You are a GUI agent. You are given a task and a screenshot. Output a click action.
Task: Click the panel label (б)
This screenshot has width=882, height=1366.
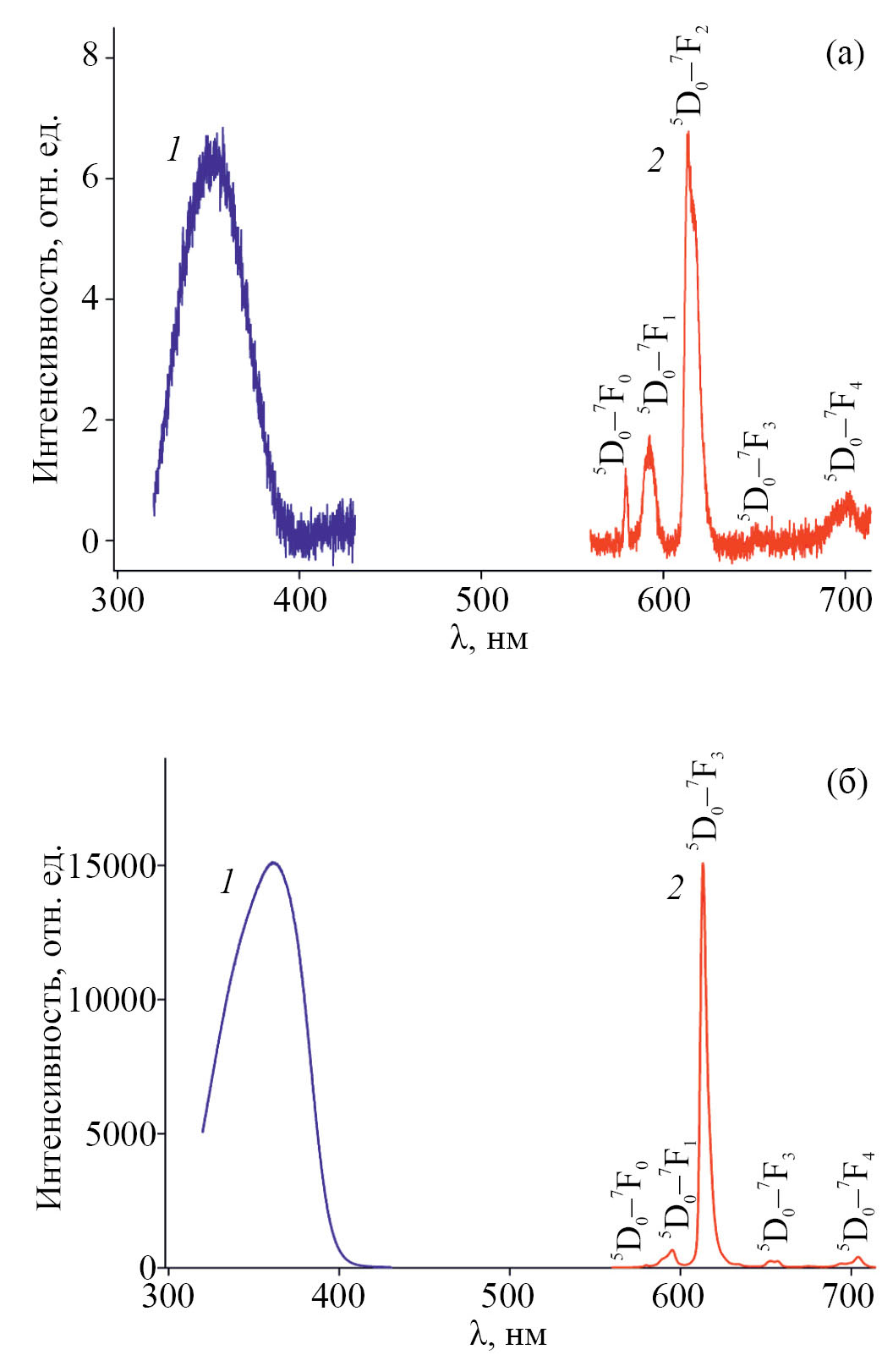(x=846, y=783)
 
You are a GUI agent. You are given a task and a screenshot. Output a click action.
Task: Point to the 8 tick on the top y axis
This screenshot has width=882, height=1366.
(x=90, y=57)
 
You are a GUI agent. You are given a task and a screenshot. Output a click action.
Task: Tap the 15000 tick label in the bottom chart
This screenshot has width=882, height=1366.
(x=112, y=866)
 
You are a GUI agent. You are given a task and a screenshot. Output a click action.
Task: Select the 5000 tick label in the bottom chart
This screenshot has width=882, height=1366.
(x=121, y=1133)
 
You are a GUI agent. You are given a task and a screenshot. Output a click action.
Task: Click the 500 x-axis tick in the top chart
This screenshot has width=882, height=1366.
(x=481, y=601)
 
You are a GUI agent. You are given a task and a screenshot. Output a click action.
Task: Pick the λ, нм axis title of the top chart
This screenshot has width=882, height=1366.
(x=489, y=638)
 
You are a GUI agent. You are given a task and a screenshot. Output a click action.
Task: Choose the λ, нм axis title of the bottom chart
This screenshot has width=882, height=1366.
(x=507, y=1334)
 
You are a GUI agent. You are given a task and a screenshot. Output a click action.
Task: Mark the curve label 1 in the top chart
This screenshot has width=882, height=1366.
(x=173, y=151)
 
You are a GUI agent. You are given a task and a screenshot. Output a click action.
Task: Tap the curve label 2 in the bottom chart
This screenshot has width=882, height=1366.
(x=674, y=889)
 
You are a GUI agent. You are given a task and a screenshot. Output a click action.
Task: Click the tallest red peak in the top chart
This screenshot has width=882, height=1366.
(x=688, y=134)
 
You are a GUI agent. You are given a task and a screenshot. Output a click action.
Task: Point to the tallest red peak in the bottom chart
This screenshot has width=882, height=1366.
(x=703, y=864)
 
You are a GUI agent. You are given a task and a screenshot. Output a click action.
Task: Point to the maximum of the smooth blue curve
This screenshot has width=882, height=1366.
(x=273, y=863)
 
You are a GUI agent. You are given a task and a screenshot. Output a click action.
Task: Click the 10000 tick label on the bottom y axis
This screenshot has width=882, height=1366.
(x=112, y=1000)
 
